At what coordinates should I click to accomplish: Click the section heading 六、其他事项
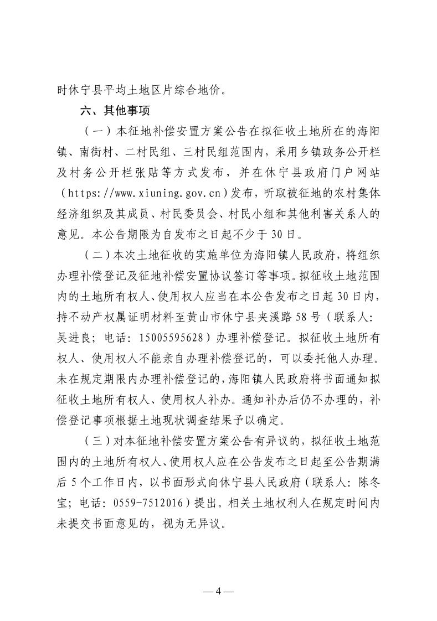click(115, 110)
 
